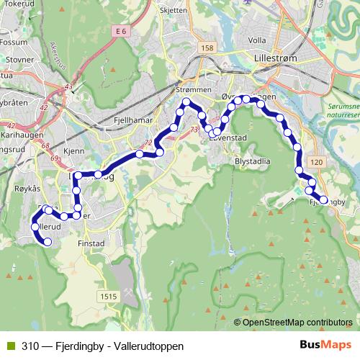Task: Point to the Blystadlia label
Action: (x=253, y=162)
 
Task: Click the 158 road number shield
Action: (x=208, y=48)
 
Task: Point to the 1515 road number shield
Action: (x=109, y=296)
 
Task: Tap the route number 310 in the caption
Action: (x=30, y=346)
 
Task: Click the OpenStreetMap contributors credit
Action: (x=297, y=323)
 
